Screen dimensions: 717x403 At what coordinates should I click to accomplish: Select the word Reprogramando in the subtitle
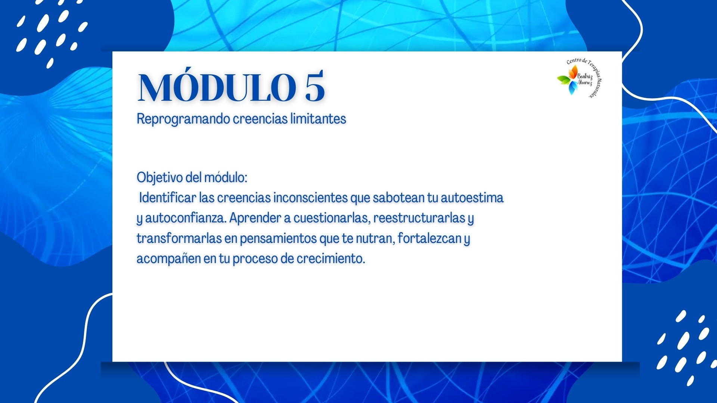(x=183, y=119)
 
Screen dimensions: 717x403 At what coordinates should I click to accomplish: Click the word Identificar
(x=167, y=197)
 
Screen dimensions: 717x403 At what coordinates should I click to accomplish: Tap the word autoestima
(x=472, y=197)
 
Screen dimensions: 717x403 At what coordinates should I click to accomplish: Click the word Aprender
(x=255, y=218)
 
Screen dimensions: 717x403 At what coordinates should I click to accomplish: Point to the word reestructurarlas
(x=419, y=218)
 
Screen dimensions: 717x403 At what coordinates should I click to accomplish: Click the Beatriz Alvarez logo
(x=579, y=78)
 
